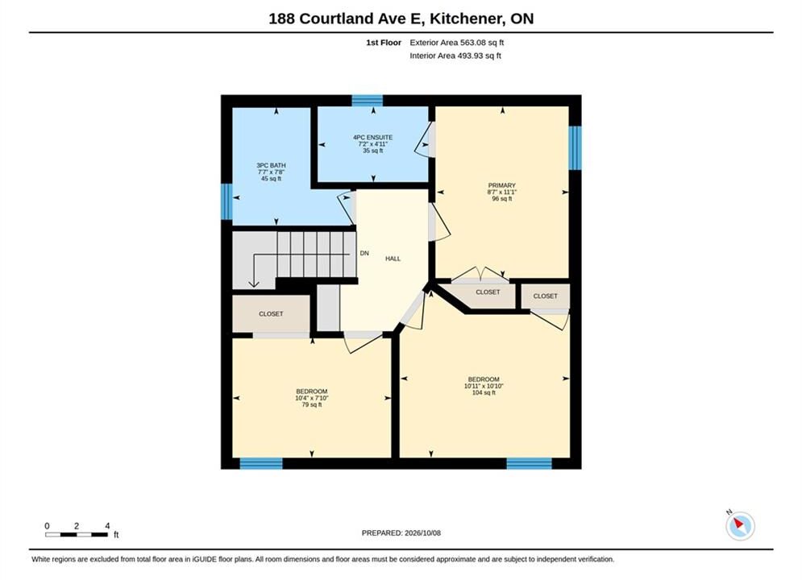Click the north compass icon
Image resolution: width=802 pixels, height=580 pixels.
pos(740,525)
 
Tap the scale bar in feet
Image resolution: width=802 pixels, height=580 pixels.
pos(77,535)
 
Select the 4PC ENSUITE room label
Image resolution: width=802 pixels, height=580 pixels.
pos(373,144)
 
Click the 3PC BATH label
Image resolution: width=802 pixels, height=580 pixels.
pos(271,172)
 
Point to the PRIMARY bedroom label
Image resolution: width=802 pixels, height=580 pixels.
pos(502,192)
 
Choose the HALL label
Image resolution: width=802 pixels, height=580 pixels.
pos(393,259)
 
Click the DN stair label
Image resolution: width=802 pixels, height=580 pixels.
pos(364,253)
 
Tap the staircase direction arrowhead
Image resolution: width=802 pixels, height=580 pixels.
pos(254,284)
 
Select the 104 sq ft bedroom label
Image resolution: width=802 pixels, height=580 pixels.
pos(484,386)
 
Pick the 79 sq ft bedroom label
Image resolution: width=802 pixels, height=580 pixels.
pos(311,398)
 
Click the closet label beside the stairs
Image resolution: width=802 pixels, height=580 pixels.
pos(271,313)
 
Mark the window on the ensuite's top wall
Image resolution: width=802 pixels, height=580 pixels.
pos(368,100)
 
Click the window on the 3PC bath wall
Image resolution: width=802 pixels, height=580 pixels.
pos(226,201)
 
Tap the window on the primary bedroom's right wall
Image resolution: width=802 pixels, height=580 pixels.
pos(576,147)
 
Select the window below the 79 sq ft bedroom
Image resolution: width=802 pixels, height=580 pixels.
pos(261,463)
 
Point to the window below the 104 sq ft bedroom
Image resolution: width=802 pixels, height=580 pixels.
pos(529,463)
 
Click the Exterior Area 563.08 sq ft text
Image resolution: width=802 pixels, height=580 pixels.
pos(457,43)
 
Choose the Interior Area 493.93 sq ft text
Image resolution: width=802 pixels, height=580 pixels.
pos(455,56)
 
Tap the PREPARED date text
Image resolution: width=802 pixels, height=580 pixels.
pos(401,533)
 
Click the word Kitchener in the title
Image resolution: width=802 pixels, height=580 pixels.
pos(465,19)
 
